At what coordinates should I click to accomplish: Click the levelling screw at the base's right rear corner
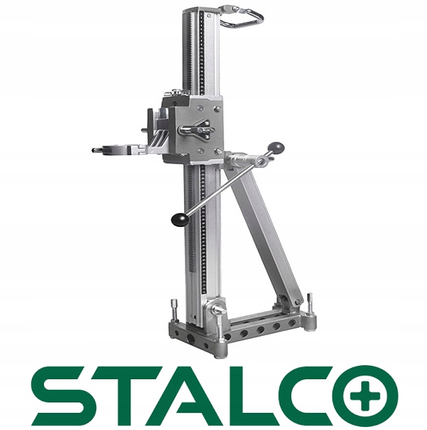pyautogui.click(x=310, y=303)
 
